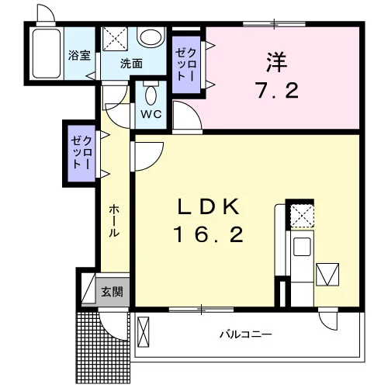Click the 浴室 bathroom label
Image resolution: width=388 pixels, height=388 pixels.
[79, 55]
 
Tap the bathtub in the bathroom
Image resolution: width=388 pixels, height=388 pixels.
[47, 54]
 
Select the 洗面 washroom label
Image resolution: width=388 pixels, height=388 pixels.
[131, 64]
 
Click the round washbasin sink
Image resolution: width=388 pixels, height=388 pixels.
[151, 36]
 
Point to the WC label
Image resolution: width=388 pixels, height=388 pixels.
[151, 114]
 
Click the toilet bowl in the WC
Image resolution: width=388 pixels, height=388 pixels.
[151, 95]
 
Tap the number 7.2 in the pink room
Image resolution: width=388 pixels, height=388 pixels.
[278, 90]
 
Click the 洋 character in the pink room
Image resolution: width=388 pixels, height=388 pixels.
[277, 62]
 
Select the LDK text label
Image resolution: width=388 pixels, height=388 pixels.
[208, 207]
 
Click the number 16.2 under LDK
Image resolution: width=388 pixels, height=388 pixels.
[209, 234]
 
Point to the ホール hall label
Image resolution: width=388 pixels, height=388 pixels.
[114, 221]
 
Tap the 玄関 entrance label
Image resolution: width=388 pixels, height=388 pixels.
[112, 292]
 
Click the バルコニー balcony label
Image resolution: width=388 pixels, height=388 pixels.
[246, 334]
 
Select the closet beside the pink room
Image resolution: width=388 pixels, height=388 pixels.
[186, 64]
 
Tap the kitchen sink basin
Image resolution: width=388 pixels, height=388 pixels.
[302, 247]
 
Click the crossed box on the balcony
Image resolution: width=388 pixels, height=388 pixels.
[144, 332]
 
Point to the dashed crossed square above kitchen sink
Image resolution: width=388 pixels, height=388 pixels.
[302, 216]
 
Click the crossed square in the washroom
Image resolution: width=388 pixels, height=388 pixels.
[115, 39]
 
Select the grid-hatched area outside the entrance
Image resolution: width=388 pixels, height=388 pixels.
[103, 348]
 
